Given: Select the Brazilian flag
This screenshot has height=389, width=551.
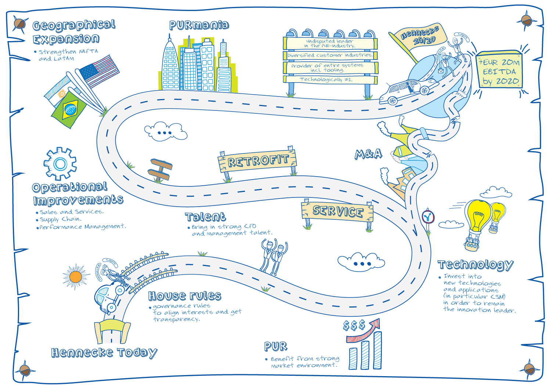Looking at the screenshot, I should point(69,109).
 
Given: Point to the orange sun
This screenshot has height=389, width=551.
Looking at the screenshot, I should point(76,276).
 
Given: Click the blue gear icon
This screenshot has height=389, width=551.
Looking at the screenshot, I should point(60,164).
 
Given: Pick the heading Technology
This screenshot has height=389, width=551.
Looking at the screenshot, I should point(475,265).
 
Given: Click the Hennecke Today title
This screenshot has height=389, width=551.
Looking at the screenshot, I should point(104,353).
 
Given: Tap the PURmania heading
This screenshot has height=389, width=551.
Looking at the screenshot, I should point(199,25).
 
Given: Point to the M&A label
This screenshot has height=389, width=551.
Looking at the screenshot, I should point(368,154).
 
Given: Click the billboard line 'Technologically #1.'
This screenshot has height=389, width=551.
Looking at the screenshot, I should point(326,79).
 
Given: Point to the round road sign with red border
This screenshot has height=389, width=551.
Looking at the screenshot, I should point(428,217).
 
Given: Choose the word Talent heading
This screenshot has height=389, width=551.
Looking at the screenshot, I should point(205,217).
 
